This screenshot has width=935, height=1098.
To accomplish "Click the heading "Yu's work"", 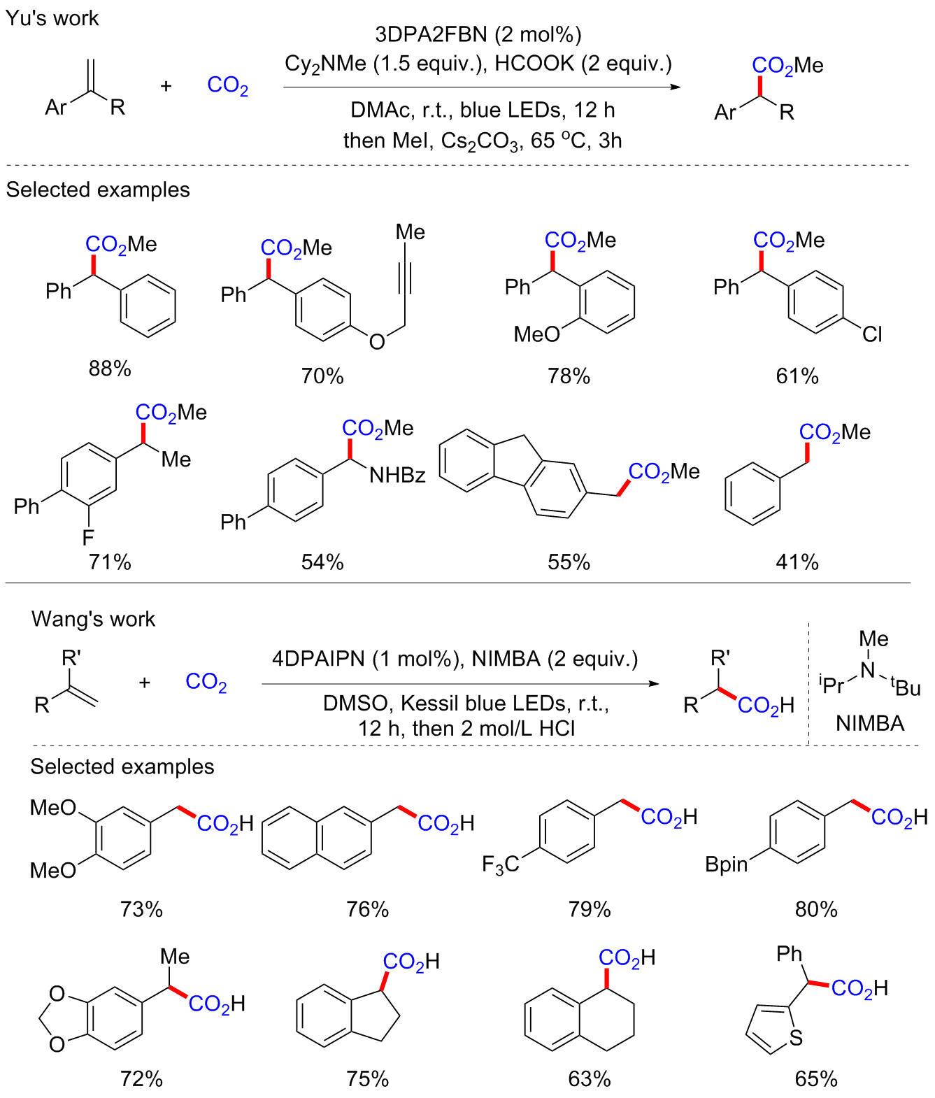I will tap(52, 18).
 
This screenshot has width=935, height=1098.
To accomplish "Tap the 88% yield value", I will tap(110, 369).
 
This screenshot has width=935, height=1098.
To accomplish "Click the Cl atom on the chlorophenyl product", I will tap(872, 335).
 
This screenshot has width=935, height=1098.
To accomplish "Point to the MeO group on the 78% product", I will tap(536, 335).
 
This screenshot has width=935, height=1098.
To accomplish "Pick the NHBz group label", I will tap(397, 476).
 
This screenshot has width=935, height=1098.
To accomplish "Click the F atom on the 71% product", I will tap(88, 538).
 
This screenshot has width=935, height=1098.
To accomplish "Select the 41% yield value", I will tap(797, 562).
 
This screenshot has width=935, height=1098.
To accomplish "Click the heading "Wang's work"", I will tap(93, 619).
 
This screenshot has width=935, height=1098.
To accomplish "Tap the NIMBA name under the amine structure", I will tap(870, 723).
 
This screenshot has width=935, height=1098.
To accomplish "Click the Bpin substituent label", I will tap(726, 865).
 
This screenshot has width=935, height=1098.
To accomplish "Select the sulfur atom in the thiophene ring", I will tap(795, 1038).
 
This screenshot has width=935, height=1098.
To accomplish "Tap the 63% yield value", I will tap(590, 1079).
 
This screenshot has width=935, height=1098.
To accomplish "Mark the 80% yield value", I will tap(816, 909).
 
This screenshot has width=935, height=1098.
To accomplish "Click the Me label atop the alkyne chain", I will tap(410, 232).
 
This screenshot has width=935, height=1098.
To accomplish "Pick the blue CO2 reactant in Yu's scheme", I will tap(228, 86).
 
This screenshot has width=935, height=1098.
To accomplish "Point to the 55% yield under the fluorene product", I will tap(569, 562).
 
